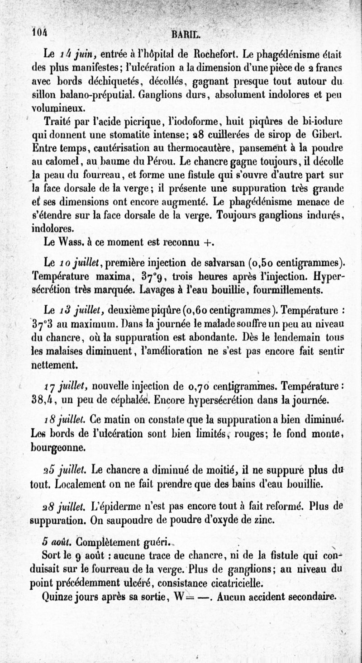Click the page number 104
[x=40, y=31]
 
